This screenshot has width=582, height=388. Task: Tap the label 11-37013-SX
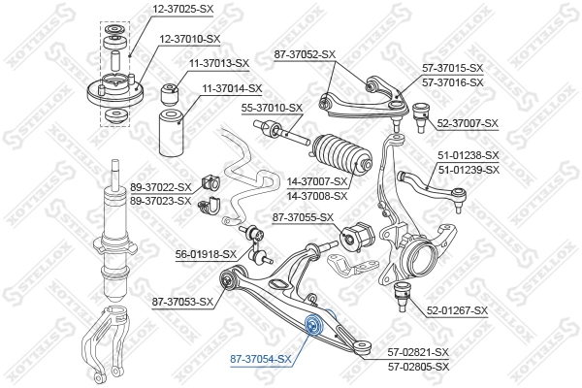218,63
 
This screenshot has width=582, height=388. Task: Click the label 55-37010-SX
272,109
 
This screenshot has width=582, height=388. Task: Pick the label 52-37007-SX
468,123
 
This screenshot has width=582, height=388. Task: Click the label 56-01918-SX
206,254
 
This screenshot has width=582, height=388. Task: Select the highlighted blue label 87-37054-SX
260,359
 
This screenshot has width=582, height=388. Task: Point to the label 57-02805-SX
419,367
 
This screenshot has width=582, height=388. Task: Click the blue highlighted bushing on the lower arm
314,325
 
